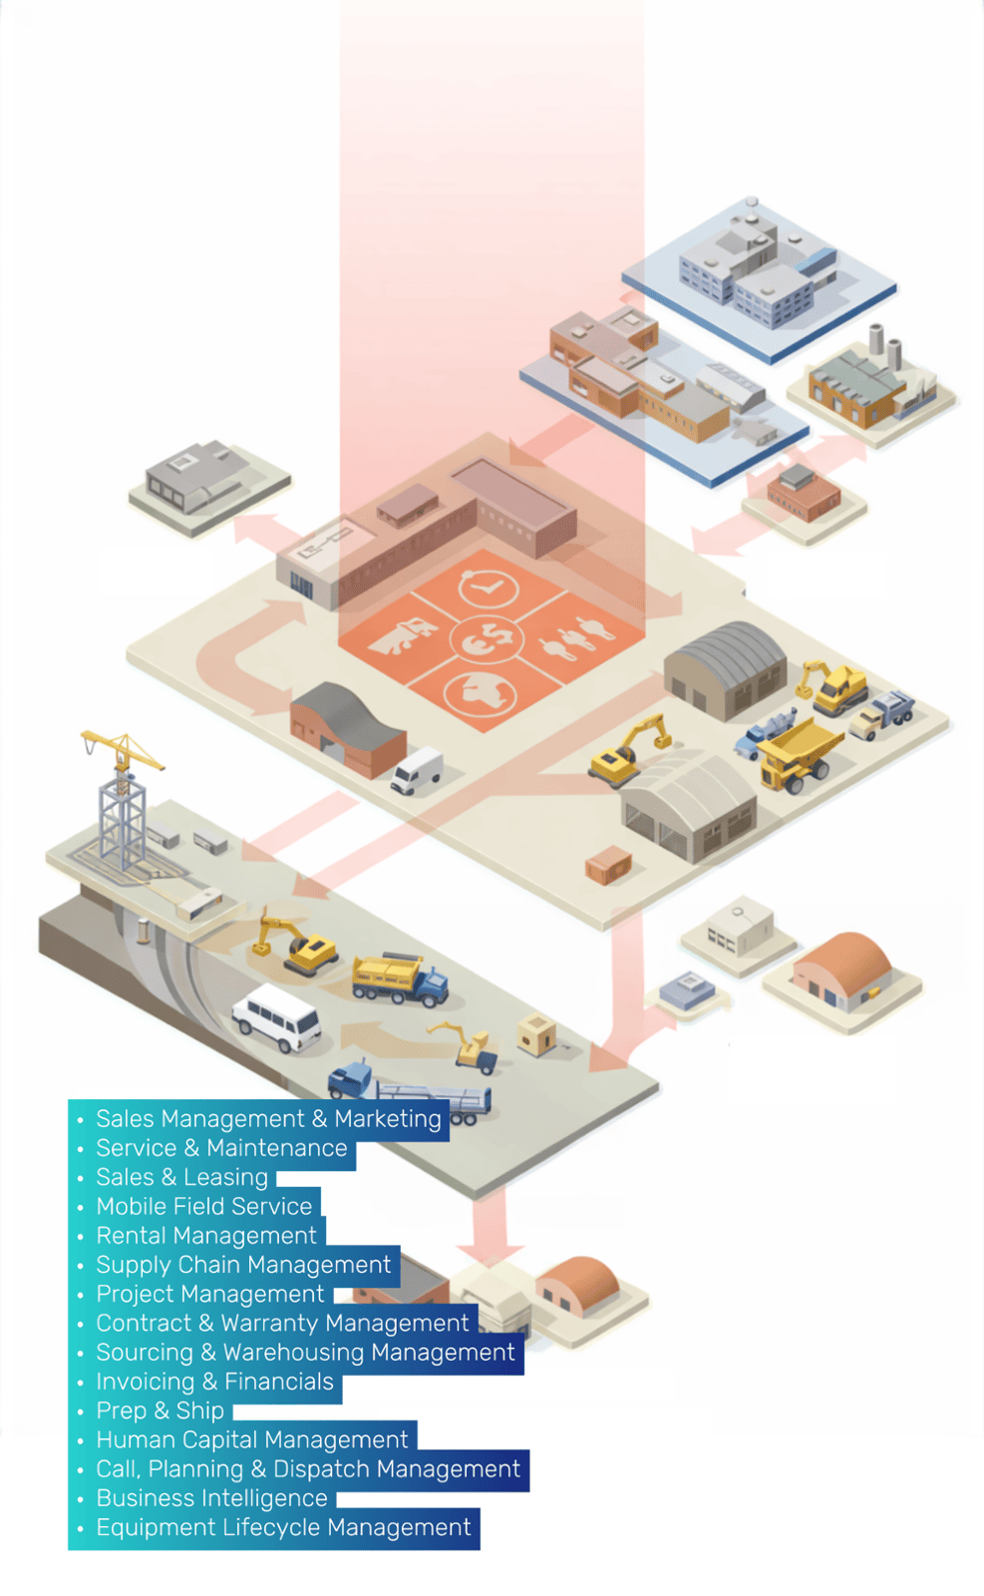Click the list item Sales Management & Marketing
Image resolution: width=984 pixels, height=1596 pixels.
coord(267,1119)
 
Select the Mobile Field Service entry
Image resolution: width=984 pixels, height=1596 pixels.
coord(203,1207)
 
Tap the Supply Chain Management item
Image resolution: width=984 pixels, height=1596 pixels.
coord(243,1265)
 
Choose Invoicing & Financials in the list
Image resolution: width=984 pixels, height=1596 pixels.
coord(214,1382)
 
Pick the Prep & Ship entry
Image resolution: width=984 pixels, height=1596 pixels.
coord(160,1410)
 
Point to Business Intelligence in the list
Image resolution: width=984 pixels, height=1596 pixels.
coord(211,1498)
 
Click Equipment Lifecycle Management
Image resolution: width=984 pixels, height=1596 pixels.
coord(283,1527)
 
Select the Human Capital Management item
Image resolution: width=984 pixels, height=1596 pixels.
coord(251,1439)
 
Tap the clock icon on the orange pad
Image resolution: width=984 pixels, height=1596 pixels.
coord(488,588)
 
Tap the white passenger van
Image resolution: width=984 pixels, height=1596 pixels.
coord(277,1017)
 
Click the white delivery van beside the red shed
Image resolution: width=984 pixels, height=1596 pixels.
coord(417,771)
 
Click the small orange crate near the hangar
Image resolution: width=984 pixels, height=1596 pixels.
coord(608,865)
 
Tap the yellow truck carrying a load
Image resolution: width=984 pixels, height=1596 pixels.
coord(399,978)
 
